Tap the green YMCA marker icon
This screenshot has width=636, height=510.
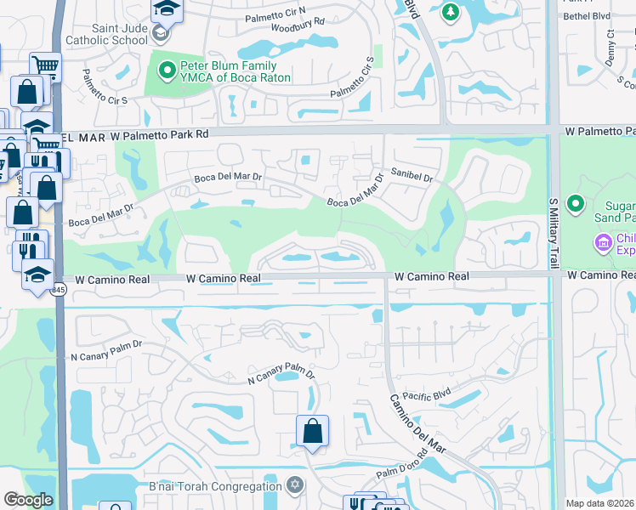coord(166,70)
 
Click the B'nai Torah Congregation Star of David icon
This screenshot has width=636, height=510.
coord(295,485)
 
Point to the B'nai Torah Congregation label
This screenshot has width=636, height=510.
coord(226,486)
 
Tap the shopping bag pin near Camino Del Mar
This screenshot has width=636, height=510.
coord(313,431)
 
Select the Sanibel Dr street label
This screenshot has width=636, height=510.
coord(412,177)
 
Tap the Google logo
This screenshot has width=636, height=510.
coord(27,501)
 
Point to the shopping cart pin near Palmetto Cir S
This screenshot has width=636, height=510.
coord(44,65)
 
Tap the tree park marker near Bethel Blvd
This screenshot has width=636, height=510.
coord(451,12)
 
